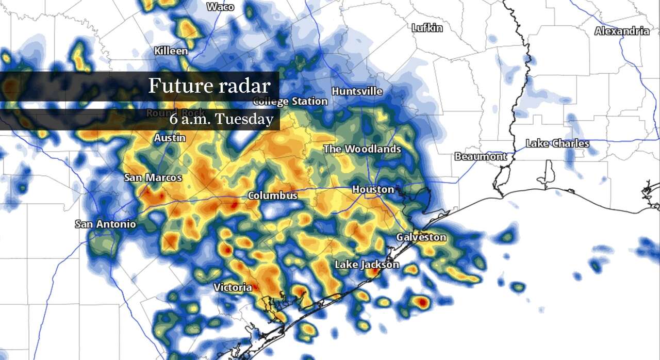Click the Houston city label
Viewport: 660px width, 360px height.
[373, 190]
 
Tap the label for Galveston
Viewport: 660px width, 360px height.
[421, 237]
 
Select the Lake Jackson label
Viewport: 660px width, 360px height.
[367, 265]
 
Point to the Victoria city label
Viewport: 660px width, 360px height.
[233, 287]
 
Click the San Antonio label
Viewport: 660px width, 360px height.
[105, 224]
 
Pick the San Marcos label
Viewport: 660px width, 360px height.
[153, 177]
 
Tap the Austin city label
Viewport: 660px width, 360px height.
[170, 138]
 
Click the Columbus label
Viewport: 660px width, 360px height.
[273, 196]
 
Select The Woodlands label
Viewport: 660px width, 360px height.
[362, 149]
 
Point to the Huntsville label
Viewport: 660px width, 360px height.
[357, 91]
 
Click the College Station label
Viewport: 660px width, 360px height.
[290, 101]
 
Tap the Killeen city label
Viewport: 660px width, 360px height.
[171, 51]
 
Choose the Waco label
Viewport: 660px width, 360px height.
[220, 7]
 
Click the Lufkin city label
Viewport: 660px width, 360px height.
[427, 28]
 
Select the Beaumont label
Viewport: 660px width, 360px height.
[480, 156]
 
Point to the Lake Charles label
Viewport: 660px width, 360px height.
[557, 143]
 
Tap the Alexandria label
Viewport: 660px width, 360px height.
[621, 31]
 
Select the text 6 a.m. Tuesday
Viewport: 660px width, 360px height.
[221, 119]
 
